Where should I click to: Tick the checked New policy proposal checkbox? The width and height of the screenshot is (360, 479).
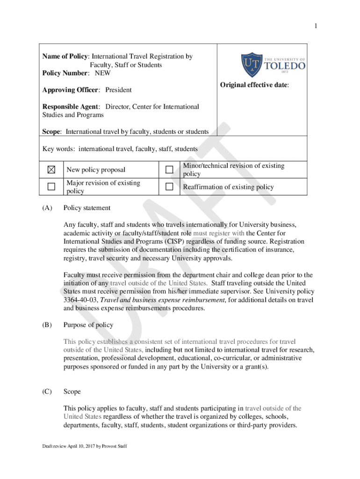51,169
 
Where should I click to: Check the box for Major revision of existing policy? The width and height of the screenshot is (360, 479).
51,187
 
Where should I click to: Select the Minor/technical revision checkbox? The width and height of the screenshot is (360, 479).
169,169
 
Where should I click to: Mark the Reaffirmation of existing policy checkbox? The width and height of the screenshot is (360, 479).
169,187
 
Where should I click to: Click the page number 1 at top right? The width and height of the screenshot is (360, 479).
316,26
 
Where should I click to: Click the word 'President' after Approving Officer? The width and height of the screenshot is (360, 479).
118,90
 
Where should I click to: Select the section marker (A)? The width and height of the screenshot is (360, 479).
47,208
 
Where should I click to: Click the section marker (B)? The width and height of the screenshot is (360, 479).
47,325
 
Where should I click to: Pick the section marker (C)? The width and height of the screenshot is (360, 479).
47,392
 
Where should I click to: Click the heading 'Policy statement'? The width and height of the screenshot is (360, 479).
87,208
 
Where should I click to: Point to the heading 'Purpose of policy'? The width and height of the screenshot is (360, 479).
88,325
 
